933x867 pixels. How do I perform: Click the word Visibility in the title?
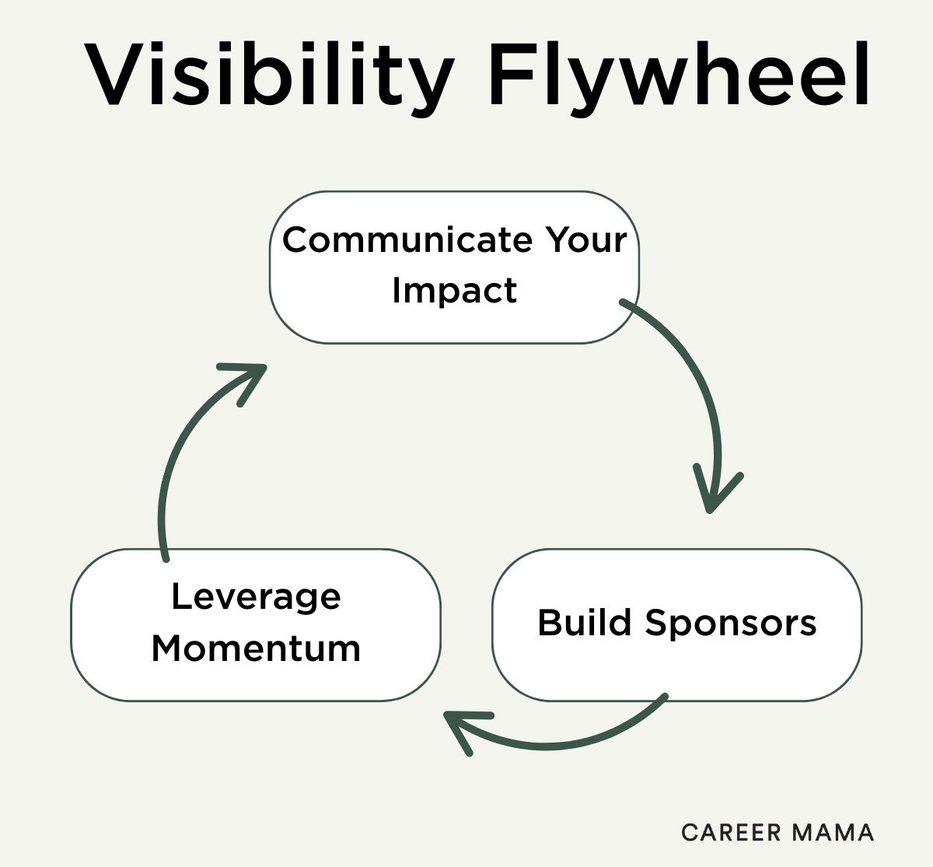click(x=268, y=76)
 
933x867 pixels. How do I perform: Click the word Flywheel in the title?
click(x=679, y=76)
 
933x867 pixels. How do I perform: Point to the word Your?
click(x=585, y=239)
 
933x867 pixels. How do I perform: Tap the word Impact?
click(x=454, y=291)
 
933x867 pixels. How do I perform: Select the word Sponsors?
click(x=730, y=623)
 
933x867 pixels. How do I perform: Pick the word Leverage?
click(x=256, y=597)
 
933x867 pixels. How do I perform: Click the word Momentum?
click(x=256, y=649)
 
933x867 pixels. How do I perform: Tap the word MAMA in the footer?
click(x=832, y=833)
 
